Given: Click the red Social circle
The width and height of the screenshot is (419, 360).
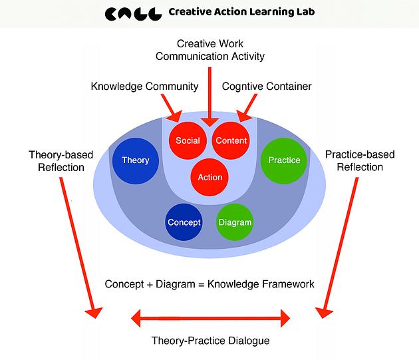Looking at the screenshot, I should tap(188, 140).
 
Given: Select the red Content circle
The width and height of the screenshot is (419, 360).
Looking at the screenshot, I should tap(231, 140).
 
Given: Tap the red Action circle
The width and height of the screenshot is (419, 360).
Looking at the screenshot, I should tap(210, 177).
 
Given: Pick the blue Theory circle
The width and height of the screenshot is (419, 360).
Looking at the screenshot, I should tap(135, 160).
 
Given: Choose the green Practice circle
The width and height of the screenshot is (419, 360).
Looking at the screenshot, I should tap(284, 160).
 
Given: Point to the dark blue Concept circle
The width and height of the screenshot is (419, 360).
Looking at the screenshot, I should tap(184, 222).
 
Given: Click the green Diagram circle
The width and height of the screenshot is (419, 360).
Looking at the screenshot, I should tap(235, 222).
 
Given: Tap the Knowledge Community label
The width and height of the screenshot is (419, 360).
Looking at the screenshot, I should tap(144, 87).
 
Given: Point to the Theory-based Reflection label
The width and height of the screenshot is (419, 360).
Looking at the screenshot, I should tap(57, 160).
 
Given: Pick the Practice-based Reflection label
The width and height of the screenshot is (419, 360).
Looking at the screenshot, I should tap(360, 160).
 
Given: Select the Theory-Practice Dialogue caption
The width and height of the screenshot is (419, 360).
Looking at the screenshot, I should tap(210, 340).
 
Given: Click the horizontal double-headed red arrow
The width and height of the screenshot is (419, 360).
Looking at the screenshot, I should tap(210, 318).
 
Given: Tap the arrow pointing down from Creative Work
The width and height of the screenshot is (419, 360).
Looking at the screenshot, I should tap(210, 93).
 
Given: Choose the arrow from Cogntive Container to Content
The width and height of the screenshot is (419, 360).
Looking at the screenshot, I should tap(247, 108).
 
